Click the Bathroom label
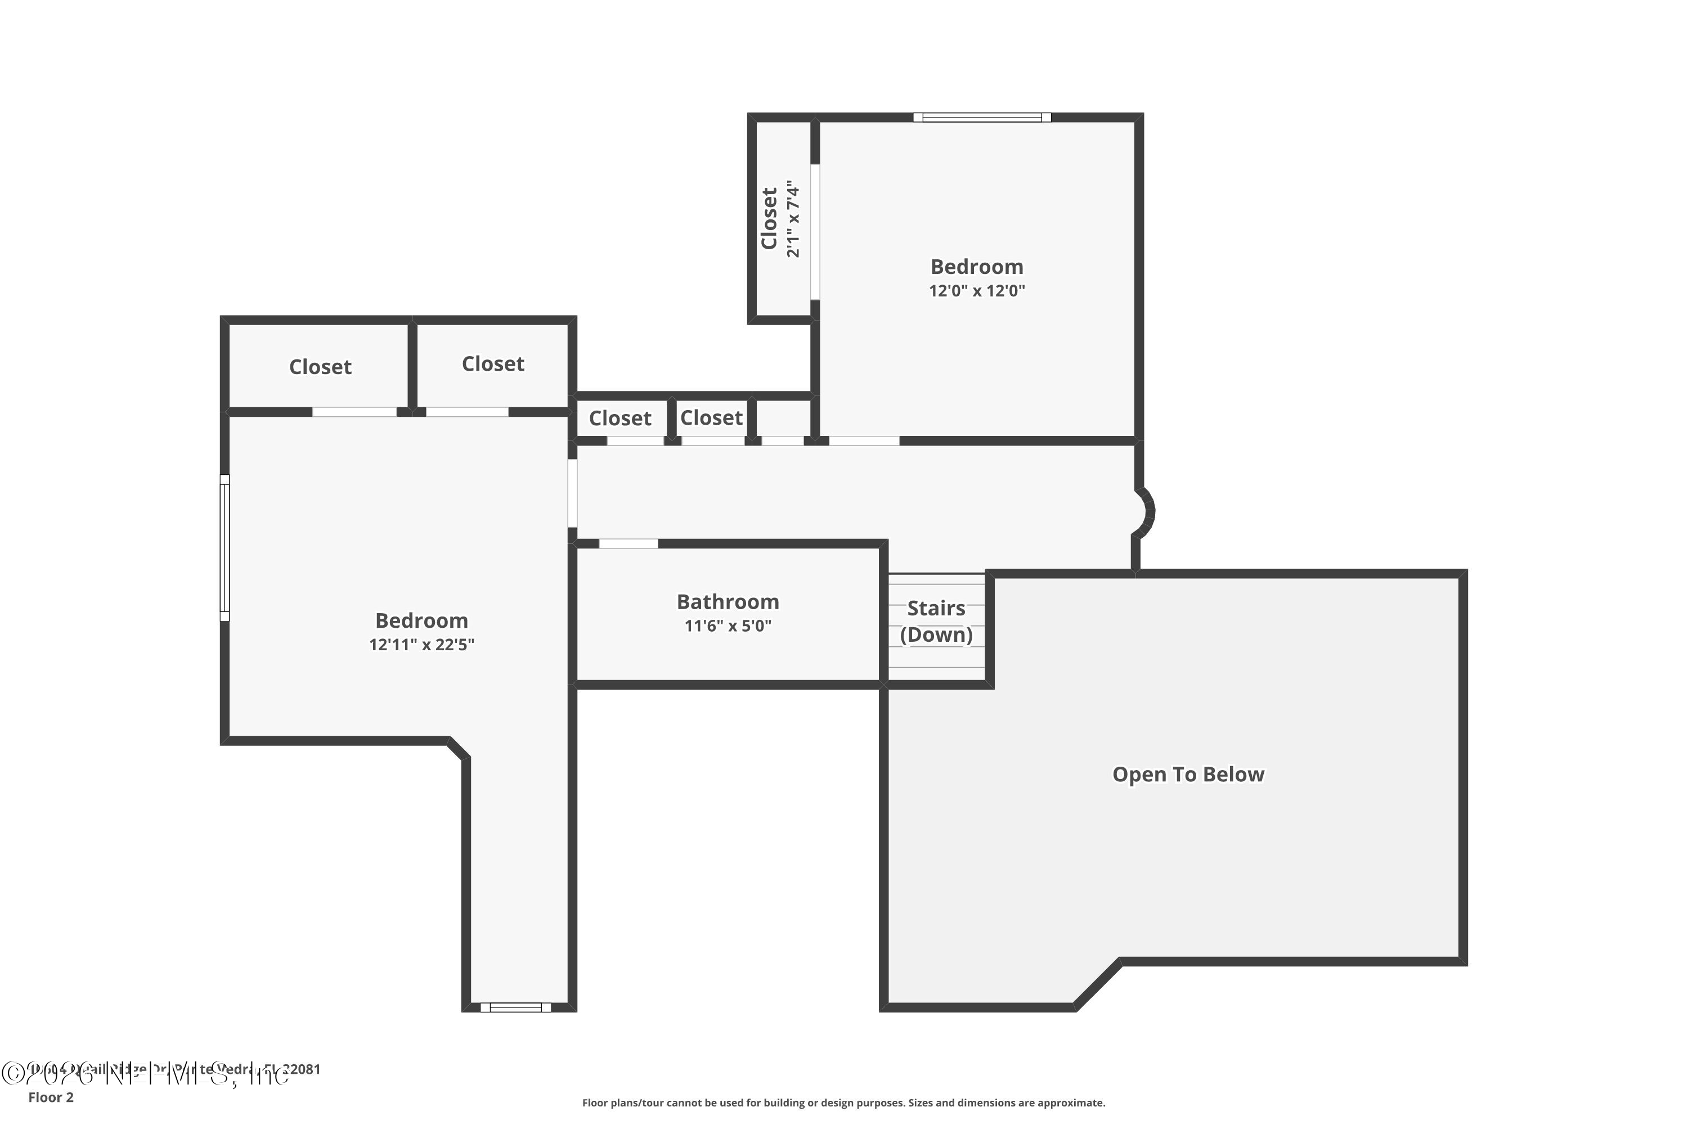click(x=727, y=601)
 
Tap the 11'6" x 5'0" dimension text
click(x=727, y=625)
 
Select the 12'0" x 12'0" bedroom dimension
click(x=976, y=291)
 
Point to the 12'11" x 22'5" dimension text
click(x=421, y=644)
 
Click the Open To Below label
click(x=1188, y=774)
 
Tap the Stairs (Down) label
click(x=936, y=622)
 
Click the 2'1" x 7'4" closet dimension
click(x=793, y=219)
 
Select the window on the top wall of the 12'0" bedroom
click(x=981, y=118)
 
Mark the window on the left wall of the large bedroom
click(x=225, y=547)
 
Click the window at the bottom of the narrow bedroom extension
click(x=515, y=1007)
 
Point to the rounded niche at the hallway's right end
click(x=1144, y=512)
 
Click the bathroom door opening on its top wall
click(x=628, y=544)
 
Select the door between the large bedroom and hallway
click(x=572, y=494)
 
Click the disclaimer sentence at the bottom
click(x=843, y=1102)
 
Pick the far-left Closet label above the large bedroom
click(x=320, y=367)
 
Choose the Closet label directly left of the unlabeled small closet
click(x=711, y=417)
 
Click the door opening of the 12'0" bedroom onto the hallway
click(x=864, y=440)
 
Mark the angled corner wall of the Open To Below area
click(x=1097, y=983)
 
